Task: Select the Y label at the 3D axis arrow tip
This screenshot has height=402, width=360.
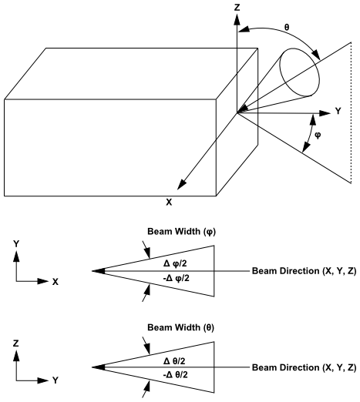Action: pyautogui.click(x=337, y=112)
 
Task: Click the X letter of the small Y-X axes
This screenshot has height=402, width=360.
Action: pyautogui.click(x=56, y=282)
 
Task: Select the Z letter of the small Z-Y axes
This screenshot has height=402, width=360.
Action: pyautogui.click(x=16, y=341)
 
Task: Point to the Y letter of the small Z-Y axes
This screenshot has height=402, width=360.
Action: pyautogui.click(x=56, y=380)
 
